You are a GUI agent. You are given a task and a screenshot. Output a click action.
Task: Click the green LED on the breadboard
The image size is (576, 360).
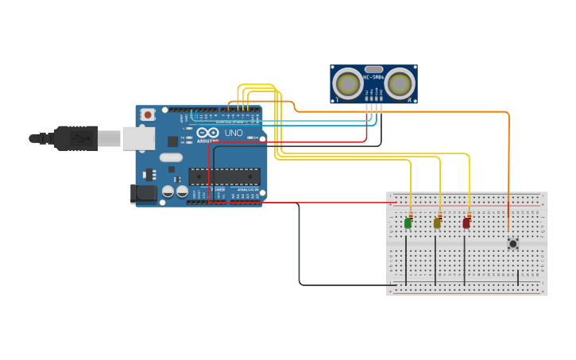click(408, 223)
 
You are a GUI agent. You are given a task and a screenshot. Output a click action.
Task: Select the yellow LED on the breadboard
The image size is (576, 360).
click(437, 223)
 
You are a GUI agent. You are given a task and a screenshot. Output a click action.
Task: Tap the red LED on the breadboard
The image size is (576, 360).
click(466, 223)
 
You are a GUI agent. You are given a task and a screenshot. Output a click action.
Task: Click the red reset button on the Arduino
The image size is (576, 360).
click(147, 115)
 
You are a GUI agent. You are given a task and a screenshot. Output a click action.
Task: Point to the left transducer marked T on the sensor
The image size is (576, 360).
click(348, 83)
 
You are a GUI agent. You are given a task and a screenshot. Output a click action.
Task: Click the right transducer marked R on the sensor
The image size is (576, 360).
click(399, 83)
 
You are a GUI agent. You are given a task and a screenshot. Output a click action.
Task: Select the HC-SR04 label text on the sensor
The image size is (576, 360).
click(373, 77)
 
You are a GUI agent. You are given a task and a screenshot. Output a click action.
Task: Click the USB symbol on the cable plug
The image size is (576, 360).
click(78, 138)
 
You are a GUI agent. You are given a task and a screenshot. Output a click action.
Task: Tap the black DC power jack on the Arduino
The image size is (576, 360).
click(142, 192)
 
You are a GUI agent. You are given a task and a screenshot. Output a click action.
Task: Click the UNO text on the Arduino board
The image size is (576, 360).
click(234, 133)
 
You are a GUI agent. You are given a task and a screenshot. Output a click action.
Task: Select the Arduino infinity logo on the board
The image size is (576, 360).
click(207, 133)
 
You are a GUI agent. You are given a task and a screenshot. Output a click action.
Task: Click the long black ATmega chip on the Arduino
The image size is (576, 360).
click(224, 176)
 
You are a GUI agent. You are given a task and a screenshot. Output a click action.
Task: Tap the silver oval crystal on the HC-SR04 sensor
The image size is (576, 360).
click(373, 69)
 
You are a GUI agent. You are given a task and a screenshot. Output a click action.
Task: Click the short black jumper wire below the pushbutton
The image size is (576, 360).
click(518, 277)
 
